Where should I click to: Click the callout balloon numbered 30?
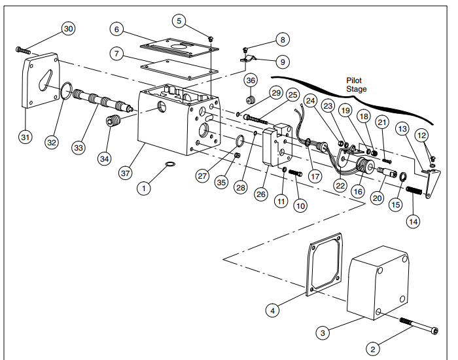click(69, 28)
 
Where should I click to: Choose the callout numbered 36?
click(251, 81)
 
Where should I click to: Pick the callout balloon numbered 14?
click(414, 221)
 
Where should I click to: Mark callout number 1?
click(143, 189)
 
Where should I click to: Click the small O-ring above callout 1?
click(169, 163)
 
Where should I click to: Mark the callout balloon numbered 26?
click(261, 194)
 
